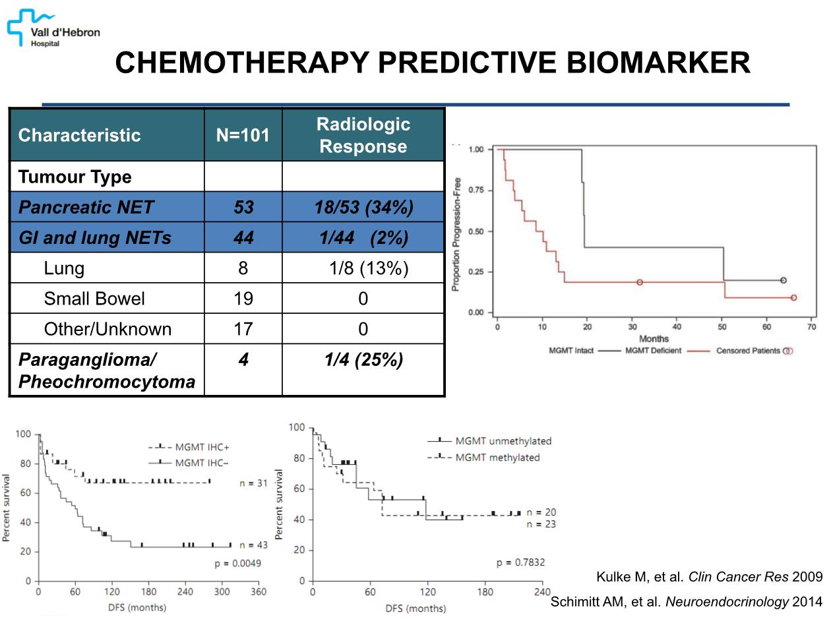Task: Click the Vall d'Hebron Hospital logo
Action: (53, 28)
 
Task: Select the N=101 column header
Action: (243, 136)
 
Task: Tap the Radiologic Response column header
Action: (363, 135)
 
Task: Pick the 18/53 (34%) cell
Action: (363, 207)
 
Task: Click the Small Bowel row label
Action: (94, 299)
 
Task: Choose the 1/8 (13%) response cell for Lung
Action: (369, 268)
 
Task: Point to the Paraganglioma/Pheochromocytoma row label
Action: (106, 371)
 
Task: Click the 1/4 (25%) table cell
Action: (363, 361)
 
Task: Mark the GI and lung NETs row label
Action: (94, 237)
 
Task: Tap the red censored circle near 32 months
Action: (640, 282)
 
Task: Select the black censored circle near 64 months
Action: (783, 280)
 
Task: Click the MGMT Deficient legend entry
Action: (653, 351)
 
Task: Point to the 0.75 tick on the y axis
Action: (477, 191)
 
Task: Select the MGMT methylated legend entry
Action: (489, 458)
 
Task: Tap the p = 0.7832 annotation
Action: (520, 562)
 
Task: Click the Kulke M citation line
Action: (709, 578)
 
